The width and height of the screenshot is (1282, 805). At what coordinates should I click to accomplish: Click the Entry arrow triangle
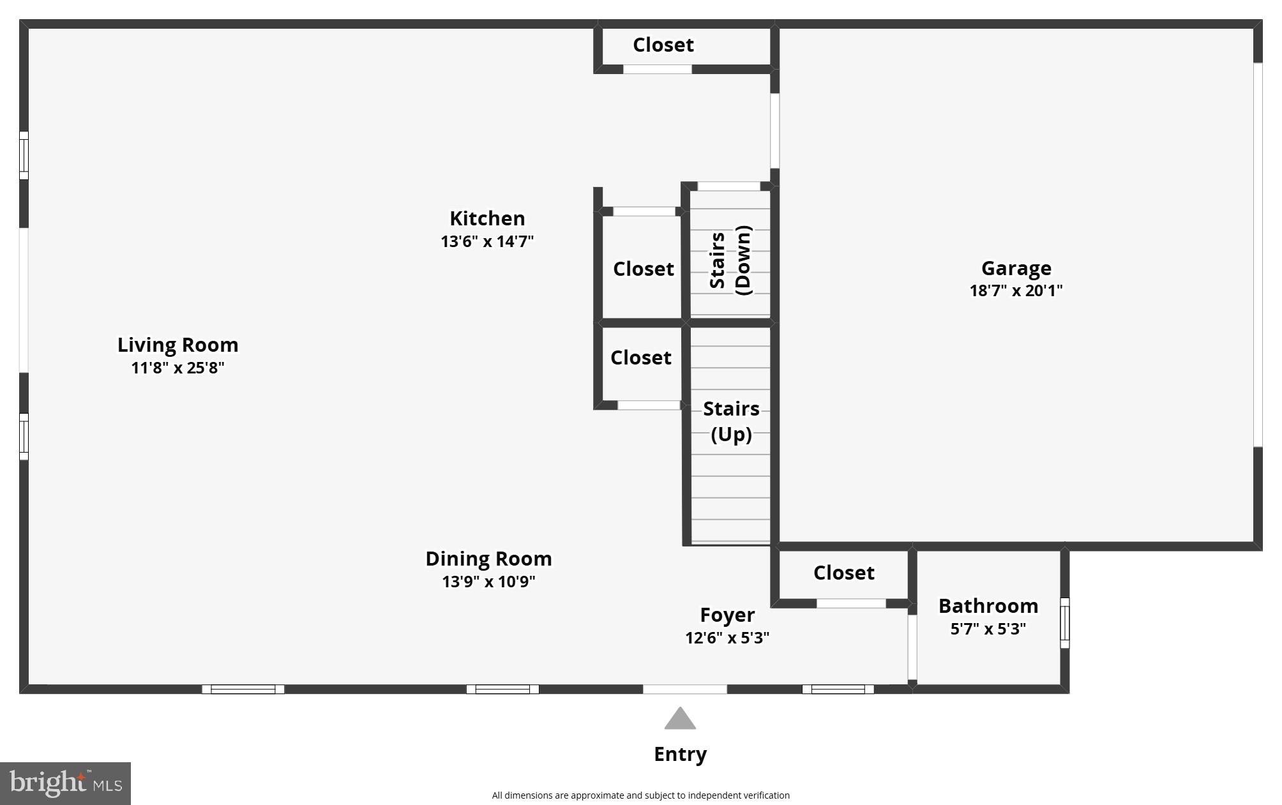click(x=680, y=719)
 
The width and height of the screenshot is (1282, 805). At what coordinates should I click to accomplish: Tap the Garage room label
click(x=1016, y=268)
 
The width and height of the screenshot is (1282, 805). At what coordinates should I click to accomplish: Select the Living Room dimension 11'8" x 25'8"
click(x=177, y=368)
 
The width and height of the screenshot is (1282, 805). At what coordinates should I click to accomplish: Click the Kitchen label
click(x=487, y=218)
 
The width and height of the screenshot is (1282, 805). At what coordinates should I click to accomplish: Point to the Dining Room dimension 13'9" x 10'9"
click(x=488, y=582)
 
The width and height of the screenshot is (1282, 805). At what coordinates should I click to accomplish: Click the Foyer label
click(x=727, y=615)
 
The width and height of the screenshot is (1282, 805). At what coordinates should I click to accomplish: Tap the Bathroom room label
click(x=988, y=606)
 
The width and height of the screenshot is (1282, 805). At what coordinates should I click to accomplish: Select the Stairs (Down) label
click(x=730, y=260)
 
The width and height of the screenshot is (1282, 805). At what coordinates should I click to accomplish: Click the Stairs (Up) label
click(x=731, y=421)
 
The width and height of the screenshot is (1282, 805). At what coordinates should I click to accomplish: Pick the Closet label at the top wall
click(x=663, y=45)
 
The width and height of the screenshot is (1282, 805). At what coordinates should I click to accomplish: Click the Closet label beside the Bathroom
click(x=843, y=573)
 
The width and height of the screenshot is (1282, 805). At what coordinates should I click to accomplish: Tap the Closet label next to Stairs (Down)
click(x=643, y=269)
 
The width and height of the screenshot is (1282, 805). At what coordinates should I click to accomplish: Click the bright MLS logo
click(x=65, y=783)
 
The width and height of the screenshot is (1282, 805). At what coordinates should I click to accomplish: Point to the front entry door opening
click(x=684, y=689)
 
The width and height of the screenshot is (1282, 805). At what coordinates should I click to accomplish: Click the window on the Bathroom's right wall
click(x=1064, y=622)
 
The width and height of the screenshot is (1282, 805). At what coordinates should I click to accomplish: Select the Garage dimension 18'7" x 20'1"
click(x=1016, y=290)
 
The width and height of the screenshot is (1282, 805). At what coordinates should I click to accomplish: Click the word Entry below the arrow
click(x=680, y=754)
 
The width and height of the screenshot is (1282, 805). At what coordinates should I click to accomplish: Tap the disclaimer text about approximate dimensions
click(x=640, y=795)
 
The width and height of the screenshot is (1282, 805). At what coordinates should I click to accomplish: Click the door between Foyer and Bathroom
click(x=912, y=647)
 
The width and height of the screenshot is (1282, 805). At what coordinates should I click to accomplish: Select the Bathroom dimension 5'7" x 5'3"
click(x=988, y=629)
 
